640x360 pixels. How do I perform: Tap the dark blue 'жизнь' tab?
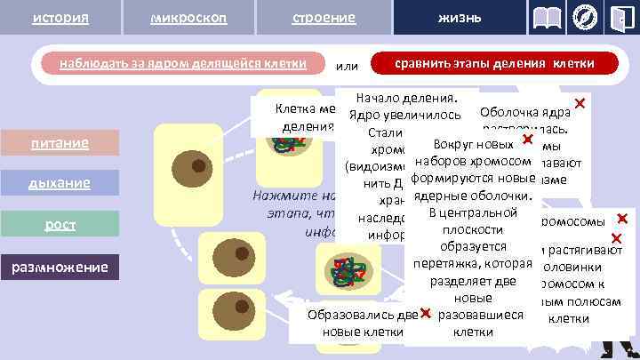click(x=460, y=19)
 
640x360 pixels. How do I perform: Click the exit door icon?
click(x=620, y=19)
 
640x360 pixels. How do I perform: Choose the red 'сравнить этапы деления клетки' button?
click(x=494, y=64)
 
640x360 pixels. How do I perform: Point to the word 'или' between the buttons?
click(x=347, y=65)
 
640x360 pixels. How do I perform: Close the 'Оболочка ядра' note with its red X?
click(x=580, y=104)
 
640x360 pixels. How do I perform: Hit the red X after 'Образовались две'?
click(x=427, y=314)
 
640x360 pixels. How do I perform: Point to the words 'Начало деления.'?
click(x=404, y=97)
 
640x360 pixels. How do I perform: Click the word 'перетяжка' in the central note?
click(x=444, y=263)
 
